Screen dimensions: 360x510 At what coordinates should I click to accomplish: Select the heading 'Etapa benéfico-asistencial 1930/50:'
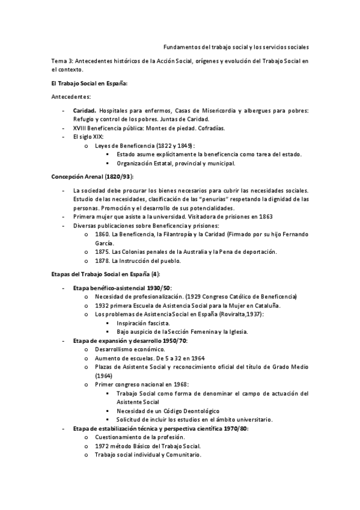tap(122, 288)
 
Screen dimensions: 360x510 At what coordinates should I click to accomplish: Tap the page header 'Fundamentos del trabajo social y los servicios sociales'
tap(236, 47)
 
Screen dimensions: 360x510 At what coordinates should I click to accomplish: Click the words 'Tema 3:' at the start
tap(61, 61)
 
